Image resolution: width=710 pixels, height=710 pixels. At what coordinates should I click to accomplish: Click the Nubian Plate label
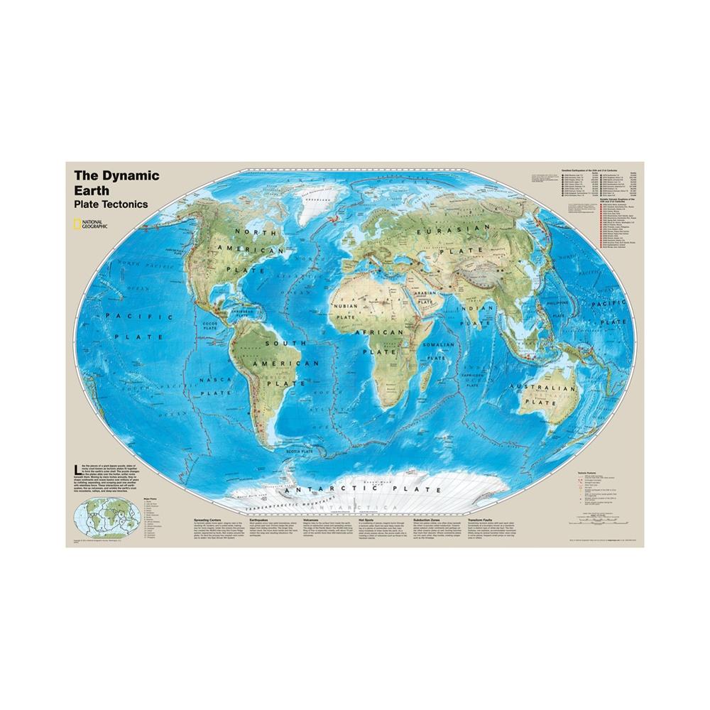click(345, 310)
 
